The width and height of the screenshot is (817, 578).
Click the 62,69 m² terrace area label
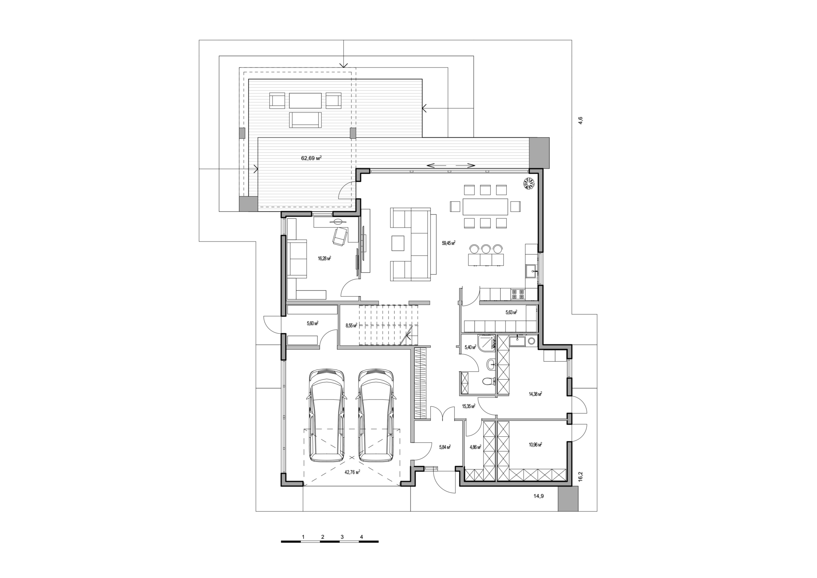point(311,158)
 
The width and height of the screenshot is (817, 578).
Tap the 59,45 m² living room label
point(449,243)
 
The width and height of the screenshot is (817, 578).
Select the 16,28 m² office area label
point(324,258)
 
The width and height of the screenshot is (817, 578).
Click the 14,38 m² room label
point(535,394)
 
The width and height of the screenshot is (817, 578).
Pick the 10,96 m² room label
point(535,444)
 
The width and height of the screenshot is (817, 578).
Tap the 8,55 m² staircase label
point(352,326)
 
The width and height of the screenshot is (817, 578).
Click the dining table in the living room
point(485,206)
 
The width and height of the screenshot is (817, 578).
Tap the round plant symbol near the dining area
point(529,183)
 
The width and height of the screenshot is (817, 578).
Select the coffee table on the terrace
point(305,101)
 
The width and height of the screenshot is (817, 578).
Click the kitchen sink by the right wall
point(532,271)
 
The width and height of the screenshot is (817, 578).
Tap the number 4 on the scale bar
point(361,537)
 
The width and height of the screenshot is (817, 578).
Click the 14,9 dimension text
point(539,496)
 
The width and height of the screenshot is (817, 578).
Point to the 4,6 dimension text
point(580,121)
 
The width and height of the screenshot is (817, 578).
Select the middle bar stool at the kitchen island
point(485,249)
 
